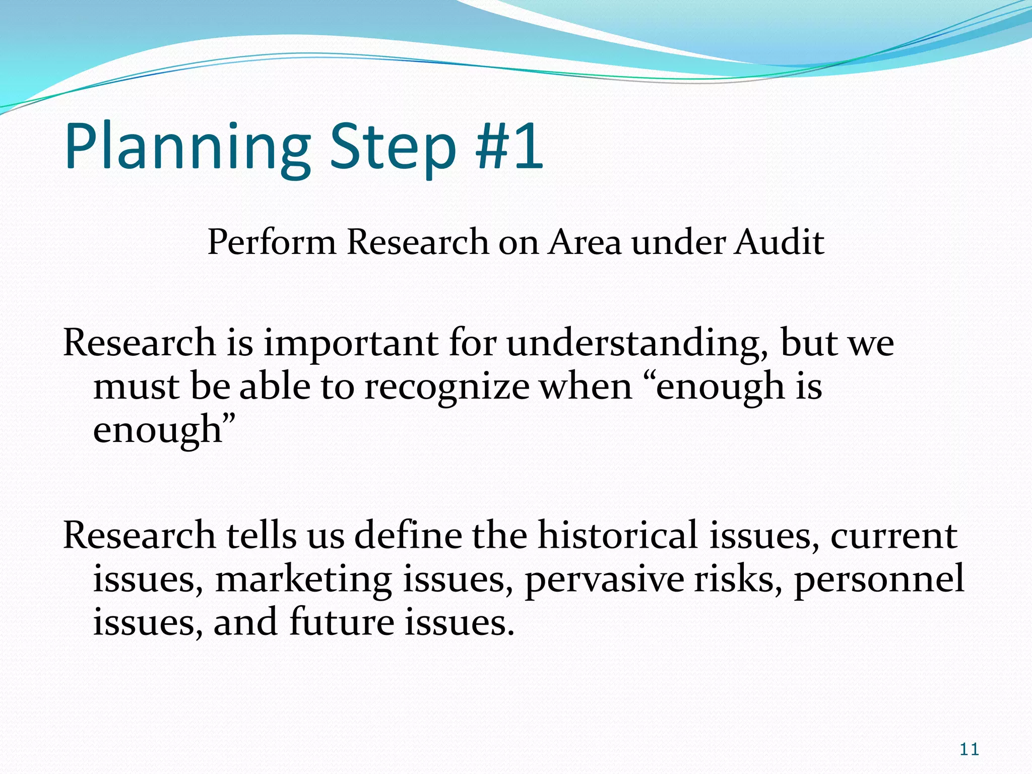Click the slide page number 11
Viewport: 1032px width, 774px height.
pos(969,749)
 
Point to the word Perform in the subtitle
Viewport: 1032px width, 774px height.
pos(272,242)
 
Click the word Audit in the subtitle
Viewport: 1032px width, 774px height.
pos(779,242)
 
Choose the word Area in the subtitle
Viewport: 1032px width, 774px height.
pos(585,242)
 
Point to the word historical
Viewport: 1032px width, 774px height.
pos(618,535)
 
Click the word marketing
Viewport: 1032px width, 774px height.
pos(303,579)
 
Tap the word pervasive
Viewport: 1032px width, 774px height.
pos(604,579)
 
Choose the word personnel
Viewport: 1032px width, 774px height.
pos(879,579)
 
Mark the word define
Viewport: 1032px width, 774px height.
pos(408,535)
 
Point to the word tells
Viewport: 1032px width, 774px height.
pos(261,535)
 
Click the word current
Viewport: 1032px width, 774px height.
pos(893,536)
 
